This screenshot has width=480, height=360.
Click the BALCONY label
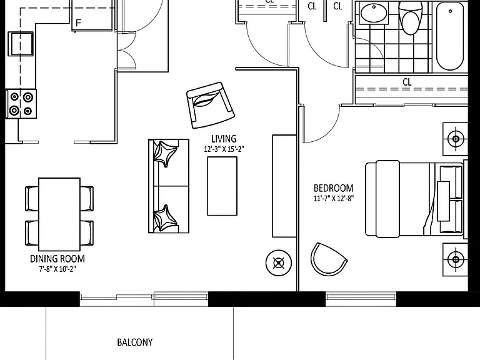(135, 342)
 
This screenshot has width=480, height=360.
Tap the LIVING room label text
(224, 139)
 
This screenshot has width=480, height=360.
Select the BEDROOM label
(333, 188)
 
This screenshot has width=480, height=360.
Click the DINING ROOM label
(57, 259)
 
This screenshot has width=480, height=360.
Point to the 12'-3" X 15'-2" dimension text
(224, 149)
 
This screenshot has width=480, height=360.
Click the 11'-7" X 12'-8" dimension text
(334, 198)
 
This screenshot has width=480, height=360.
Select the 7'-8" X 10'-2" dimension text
(57, 269)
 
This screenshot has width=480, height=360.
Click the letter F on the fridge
(79, 23)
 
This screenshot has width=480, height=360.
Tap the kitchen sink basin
(21, 44)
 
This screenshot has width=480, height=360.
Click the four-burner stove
(21, 104)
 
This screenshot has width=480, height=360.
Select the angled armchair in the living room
(210, 105)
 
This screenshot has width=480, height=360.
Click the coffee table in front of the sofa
(222, 186)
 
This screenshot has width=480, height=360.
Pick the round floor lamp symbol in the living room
(279, 263)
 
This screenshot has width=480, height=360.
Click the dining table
(59, 214)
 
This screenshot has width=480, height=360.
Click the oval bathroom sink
(374, 14)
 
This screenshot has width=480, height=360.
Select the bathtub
(450, 37)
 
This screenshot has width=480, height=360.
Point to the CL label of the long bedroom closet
(407, 82)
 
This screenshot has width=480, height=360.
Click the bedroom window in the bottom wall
(361, 299)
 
